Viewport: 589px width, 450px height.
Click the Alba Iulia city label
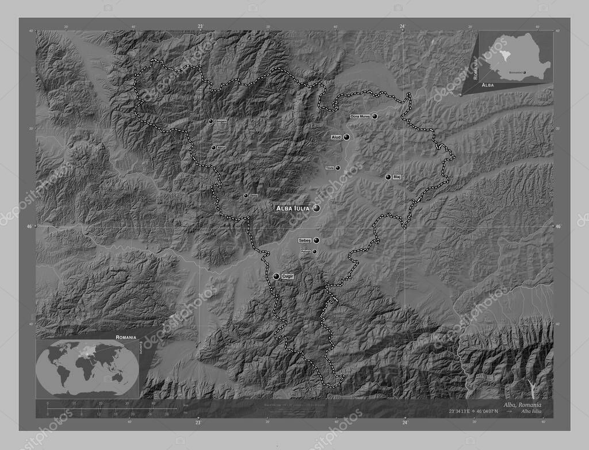pyautogui.click(x=293, y=208)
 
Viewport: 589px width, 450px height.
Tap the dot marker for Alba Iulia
pyautogui.click(x=316, y=208)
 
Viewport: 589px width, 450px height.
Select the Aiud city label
pyautogui.click(x=336, y=137)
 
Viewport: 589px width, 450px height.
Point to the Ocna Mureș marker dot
pyautogui.click(x=375, y=116)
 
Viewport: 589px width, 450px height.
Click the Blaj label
pyautogui.click(x=397, y=177)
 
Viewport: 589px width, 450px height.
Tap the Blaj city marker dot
pyautogui.click(x=388, y=177)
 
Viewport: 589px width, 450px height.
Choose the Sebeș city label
pyautogui.click(x=305, y=240)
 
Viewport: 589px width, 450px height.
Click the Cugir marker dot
pyautogui.click(x=276, y=276)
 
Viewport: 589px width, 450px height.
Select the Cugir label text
pyautogui.click(x=288, y=276)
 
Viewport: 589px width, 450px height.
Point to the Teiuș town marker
pyautogui.click(x=338, y=168)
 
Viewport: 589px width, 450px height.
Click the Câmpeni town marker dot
pyautogui.click(x=210, y=121)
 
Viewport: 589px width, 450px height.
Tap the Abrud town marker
pyautogui.click(x=213, y=148)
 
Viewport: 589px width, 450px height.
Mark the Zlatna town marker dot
pyautogui.click(x=246, y=196)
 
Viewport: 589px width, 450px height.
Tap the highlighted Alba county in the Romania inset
pyautogui.click(x=504, y=53)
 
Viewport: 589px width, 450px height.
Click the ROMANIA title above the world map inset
pyautogui.click(x=125, y=336)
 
